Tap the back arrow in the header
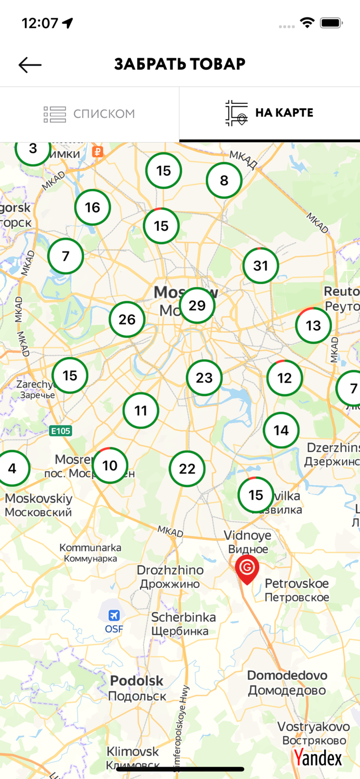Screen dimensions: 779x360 click(30, 64)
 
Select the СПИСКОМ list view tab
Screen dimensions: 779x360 click(89, 114)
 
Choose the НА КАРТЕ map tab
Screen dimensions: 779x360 click(270, 113)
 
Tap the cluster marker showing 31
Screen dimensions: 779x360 click(260, 266)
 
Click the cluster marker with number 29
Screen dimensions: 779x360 click(197, 305)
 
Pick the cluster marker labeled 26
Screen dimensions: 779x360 click(127, 319)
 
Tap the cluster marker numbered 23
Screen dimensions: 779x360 click(204, 378)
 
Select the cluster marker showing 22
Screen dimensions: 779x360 click(187, 469)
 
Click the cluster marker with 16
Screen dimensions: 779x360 click(92, 208)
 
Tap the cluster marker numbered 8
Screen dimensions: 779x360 click(224, 181)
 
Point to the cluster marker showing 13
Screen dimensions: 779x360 click(313, 326)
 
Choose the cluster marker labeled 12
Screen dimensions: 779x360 click(285, 378)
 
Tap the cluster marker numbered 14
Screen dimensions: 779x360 click(281, 430)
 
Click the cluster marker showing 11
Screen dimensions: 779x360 click(141, 411)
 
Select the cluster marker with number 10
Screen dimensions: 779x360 click(110, 465)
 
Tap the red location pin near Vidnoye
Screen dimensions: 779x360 click(247, 568)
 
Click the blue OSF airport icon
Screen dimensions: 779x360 click(114, 616)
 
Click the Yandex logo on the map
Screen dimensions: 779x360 click(318, 758)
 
